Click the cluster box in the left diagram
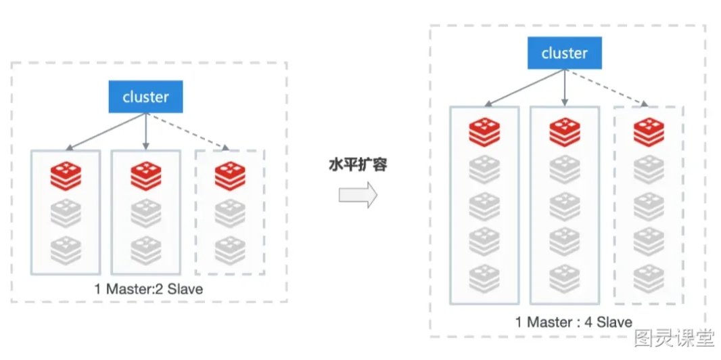[145, 97]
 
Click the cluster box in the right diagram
[565, 53]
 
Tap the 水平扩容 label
[358, 164]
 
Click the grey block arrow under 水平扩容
[358, 195]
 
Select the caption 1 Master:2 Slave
[149, 289]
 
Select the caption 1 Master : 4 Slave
[574, 322]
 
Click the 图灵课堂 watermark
[674, 338]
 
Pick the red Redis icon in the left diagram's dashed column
[230, 176]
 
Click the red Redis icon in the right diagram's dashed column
[649, 133]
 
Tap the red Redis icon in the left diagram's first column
[66, 176]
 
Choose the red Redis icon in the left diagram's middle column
[146, 176]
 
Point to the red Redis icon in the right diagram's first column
[484, 133]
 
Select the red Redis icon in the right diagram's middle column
[565, 133]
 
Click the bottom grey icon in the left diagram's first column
[66, 250]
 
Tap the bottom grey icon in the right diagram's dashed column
[649, 279]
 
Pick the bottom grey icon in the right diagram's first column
[484, 279]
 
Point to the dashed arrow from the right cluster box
[607, 88]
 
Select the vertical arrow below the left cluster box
[146, 131]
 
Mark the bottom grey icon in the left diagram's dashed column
[230, 250]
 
